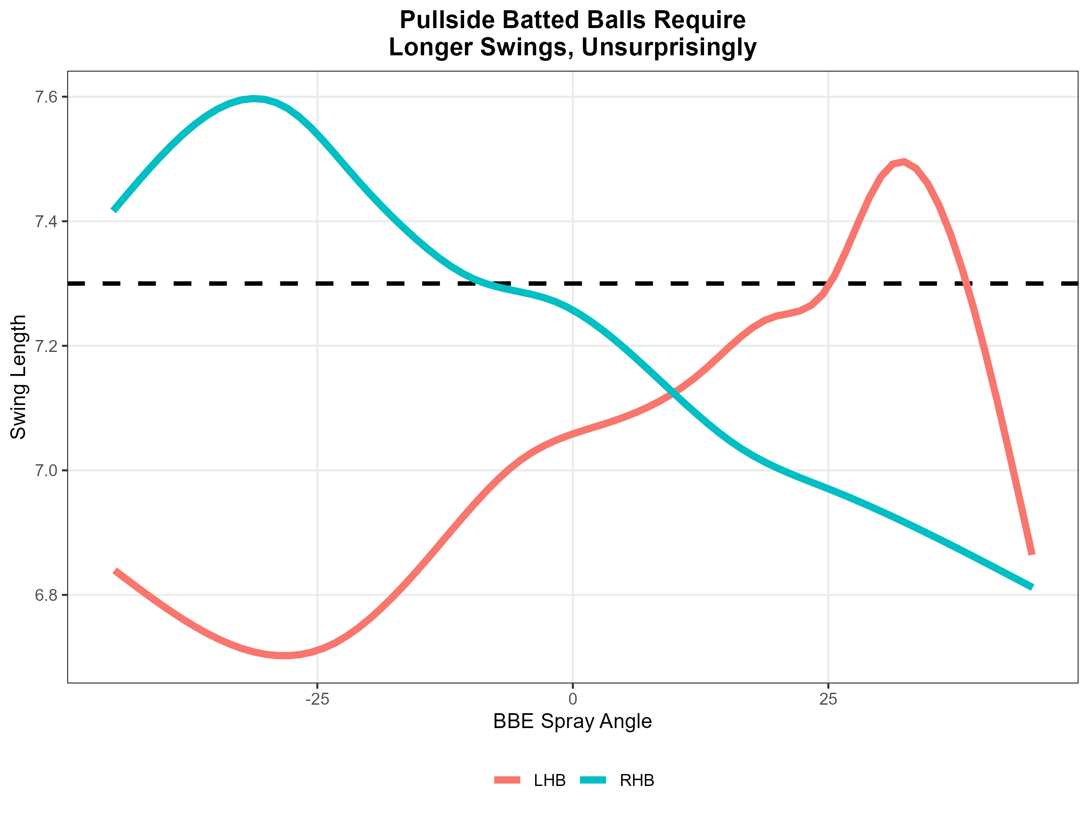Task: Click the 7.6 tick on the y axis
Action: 46,97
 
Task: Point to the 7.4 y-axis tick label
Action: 46,222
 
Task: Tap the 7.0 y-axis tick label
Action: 46,471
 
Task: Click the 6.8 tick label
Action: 46,595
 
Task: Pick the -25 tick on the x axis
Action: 317,699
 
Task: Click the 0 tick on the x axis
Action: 573,699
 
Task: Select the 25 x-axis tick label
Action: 828,699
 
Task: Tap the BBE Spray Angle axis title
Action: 573,721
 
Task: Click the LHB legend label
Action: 550,780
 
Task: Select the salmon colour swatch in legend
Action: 507,780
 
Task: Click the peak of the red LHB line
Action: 904,162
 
